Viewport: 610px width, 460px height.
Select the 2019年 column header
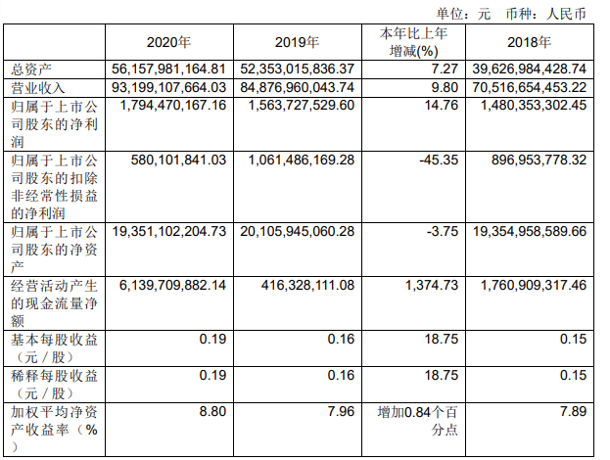(299, 42)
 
